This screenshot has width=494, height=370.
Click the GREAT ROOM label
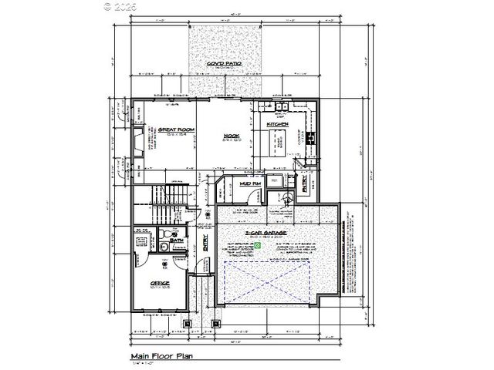click(176, 129)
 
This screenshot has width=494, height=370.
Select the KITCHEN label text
click(277, 124)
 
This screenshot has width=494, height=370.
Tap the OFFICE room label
click(160, 283)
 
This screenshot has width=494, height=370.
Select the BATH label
click(176, 240)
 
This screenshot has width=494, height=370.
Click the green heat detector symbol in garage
click(259, 246)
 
